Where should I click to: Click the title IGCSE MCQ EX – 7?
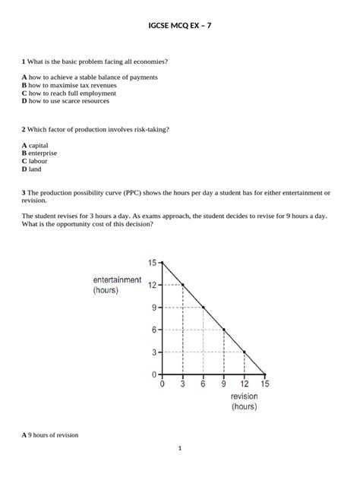[x=180, y=25]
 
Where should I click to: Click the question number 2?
[x=24, y=129]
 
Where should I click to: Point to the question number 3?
[x=24, y=193]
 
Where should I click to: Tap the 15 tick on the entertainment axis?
[x=153, y=263]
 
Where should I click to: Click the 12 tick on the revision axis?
[x=245, y=384]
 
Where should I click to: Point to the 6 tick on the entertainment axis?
[x=155, y=330]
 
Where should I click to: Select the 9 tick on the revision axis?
[x=224, y=384]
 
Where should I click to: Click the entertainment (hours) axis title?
[x=117, y=285]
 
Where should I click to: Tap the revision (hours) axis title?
[x=244, y=401]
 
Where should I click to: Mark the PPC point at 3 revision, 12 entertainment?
[x=183, y=285]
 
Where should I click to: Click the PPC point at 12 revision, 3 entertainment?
[x=245, y=352]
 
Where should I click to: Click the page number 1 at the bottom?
[x=180, y=448]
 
